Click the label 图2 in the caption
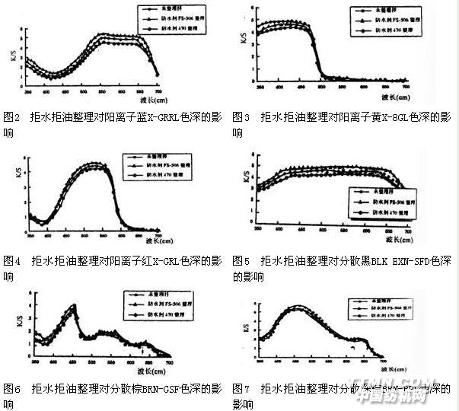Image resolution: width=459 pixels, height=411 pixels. [x=11, y=117]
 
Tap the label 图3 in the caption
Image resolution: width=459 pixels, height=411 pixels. [x=241, y=117]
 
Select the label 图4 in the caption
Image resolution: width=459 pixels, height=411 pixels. [x=11, y=261]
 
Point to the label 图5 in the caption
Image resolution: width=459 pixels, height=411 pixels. [x=241, y=261]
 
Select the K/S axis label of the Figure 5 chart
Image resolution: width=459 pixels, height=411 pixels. [x=244, y=178]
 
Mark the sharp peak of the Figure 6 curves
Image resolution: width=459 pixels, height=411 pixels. [x=74, y=305]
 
